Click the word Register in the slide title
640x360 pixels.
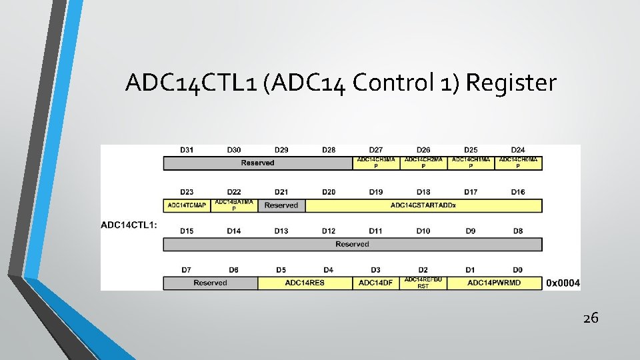click(x=511, y=83)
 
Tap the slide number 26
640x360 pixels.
click(x=591, y=318)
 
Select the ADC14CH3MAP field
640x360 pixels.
click(x=376, y=163)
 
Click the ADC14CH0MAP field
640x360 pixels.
click(x=518, y=163)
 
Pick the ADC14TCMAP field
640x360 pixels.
click(x=187, y=205)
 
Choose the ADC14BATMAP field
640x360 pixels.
click(x=234, y=205)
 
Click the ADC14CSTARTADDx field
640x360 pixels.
click(x=423, y=205)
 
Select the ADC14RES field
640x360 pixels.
click(x=305, y=283)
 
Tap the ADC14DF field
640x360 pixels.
click(x=376, y=283)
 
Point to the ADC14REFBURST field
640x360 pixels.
click(x=423, y=283)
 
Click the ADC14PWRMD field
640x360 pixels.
click(x=494, y=283)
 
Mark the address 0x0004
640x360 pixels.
click(x=563, y=283)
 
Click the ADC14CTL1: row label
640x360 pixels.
click(x=129, y=225)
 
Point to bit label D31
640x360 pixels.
click(x=187, y=149)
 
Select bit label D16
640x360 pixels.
click(x=518, y=192)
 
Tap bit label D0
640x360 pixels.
click(x=518, y=269)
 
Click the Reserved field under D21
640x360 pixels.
click(x=281, y=205)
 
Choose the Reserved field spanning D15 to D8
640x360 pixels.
click(x=353, y=244)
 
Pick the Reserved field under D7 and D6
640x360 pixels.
click(x=210, y=283)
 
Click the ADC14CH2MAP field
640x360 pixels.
click(x=423, y=163)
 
